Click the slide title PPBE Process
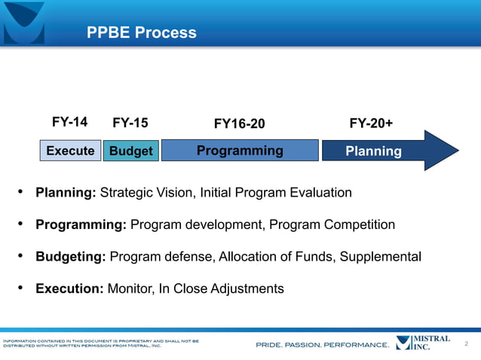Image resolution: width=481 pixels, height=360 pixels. pos(141,32)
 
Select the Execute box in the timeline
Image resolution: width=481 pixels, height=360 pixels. pos(70,151)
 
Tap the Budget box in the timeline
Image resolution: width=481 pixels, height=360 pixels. pos(130,151)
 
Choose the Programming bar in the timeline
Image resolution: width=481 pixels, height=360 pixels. pos(240,151)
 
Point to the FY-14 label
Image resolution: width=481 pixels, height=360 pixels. pos(69,122)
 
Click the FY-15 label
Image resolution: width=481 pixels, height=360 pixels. pos(130,123)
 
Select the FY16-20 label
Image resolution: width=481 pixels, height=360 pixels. pos(239,124)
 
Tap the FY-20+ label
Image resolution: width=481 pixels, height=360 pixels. pos(371,123)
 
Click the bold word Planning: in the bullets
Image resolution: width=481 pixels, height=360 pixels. pos(66,193)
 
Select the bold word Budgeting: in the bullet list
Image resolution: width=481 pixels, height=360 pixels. pos(71,257)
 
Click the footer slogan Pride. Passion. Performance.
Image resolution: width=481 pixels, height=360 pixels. pos(322,345)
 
